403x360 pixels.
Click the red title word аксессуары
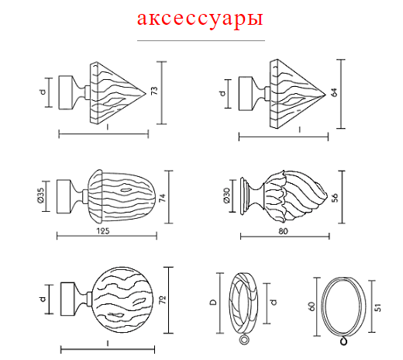point(200,19)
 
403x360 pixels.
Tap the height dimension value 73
point(154,91)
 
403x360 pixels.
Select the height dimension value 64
point(334,92)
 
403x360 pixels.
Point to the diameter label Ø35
point(41,196)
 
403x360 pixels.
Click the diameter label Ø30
point(226,196)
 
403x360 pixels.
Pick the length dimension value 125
point(103,230)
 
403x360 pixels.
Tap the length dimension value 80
point(283,231)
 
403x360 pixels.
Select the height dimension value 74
point(162,197)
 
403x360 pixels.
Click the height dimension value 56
point(335,198)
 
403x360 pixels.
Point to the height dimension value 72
point(163,300)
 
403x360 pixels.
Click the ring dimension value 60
point(312,306)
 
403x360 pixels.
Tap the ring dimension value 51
point(377,307)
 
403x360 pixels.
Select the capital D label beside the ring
point(213,302)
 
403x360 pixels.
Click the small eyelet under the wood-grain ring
point(244,340)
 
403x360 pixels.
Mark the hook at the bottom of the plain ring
point(343,341)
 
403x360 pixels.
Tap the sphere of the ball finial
point(122,299)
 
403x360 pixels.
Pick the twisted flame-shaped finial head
point(295,196)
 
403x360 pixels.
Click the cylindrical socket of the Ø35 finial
point(64,196)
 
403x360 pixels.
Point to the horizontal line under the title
point(201,40)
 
